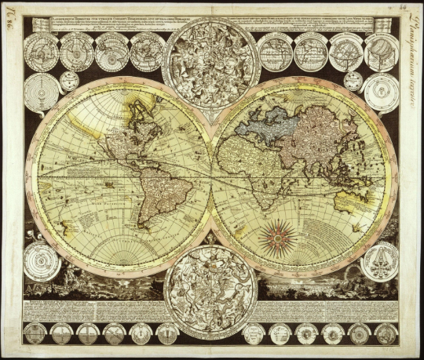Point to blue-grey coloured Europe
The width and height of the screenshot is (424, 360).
tap(267, 121)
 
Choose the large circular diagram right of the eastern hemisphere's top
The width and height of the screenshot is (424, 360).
tap(380, 93)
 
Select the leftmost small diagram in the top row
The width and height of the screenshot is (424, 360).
tap(40, 52)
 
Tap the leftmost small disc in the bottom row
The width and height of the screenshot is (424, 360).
tap(35, 333)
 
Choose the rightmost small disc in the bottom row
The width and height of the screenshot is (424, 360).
tap(384, 333)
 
